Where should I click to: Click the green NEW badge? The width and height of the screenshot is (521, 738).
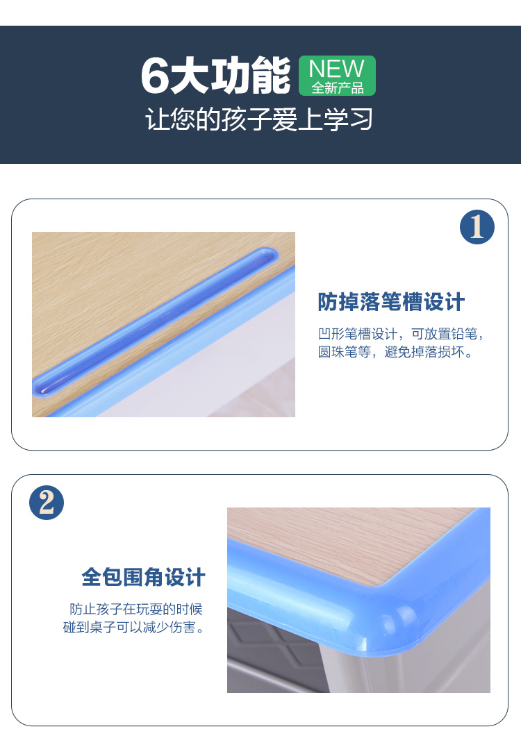point(338,76)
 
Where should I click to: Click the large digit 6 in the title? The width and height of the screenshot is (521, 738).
point(155,75)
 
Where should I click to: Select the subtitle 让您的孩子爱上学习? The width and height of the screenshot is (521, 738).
point(259,119)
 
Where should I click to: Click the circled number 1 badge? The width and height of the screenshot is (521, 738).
point(477,227)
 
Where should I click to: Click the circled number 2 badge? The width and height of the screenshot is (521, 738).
point(47,503)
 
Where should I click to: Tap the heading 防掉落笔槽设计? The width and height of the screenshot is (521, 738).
point(392,302)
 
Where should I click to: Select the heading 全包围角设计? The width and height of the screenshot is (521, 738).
point(143,577)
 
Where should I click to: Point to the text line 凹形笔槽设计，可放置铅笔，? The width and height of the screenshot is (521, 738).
point(401,334)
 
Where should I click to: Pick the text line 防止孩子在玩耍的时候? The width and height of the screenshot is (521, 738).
point(136,609)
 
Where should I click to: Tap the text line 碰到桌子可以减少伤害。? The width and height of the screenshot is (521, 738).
point(134,627)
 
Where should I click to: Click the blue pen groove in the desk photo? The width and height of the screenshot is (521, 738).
point(156,321)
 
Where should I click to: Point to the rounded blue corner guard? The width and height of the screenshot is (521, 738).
point(377,607)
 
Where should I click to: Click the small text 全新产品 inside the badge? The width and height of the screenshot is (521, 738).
point(338,88)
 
